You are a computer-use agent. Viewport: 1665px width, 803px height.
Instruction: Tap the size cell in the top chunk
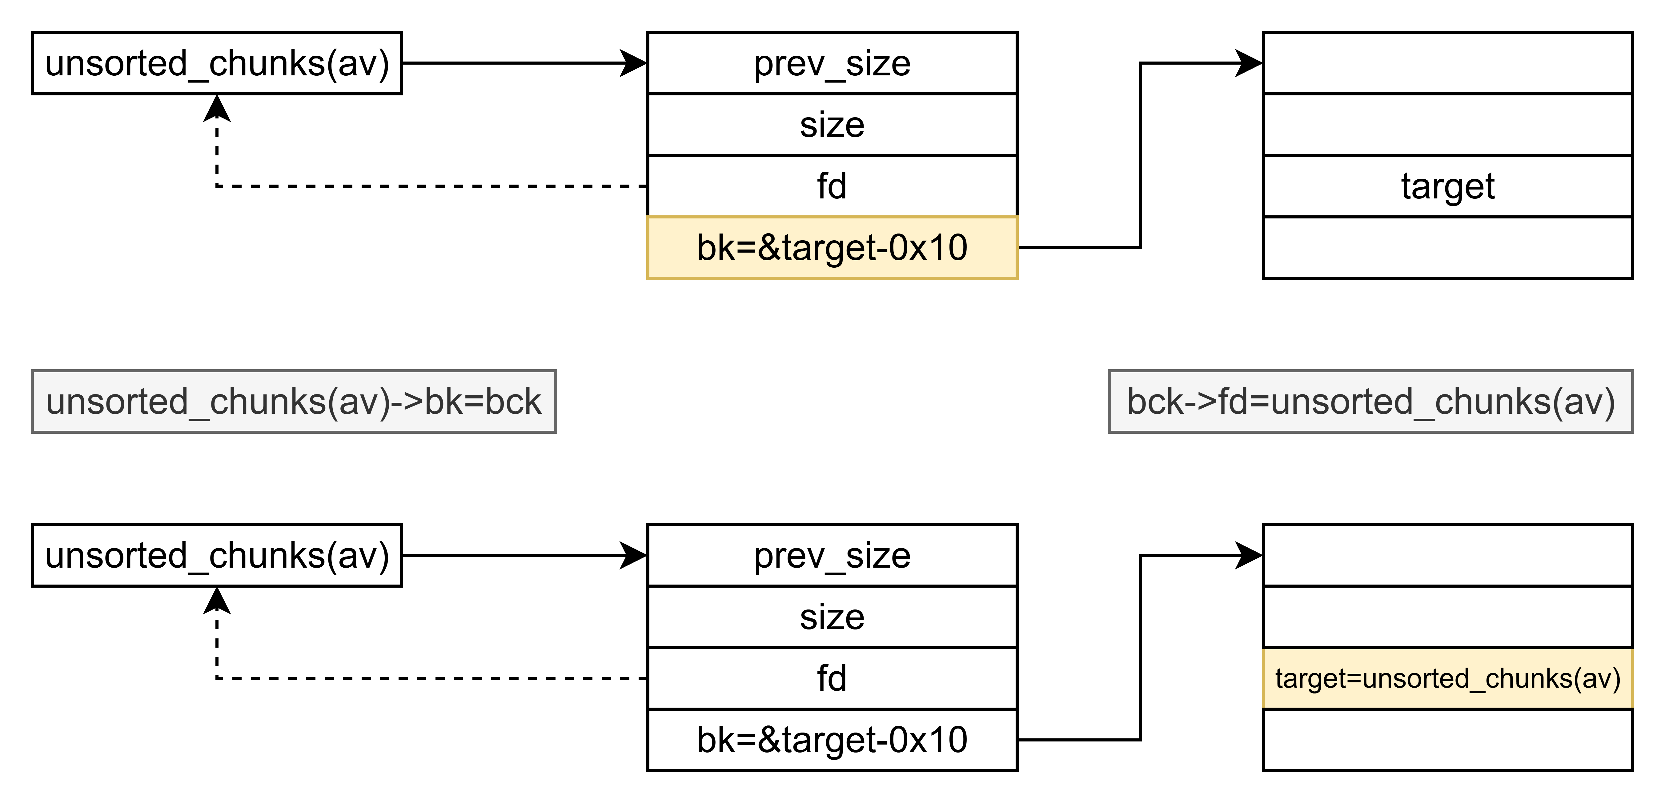(832, 125)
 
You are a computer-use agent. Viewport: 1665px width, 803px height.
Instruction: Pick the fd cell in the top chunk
(832, 186)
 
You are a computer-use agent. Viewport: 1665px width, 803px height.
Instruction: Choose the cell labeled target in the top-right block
(1448, 186)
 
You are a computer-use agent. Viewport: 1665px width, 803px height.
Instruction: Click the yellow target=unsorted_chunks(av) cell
(1448, 678)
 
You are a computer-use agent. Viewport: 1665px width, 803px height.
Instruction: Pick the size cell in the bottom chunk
(832, 617)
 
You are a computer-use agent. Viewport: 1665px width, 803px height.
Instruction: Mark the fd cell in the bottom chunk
(832, 678)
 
